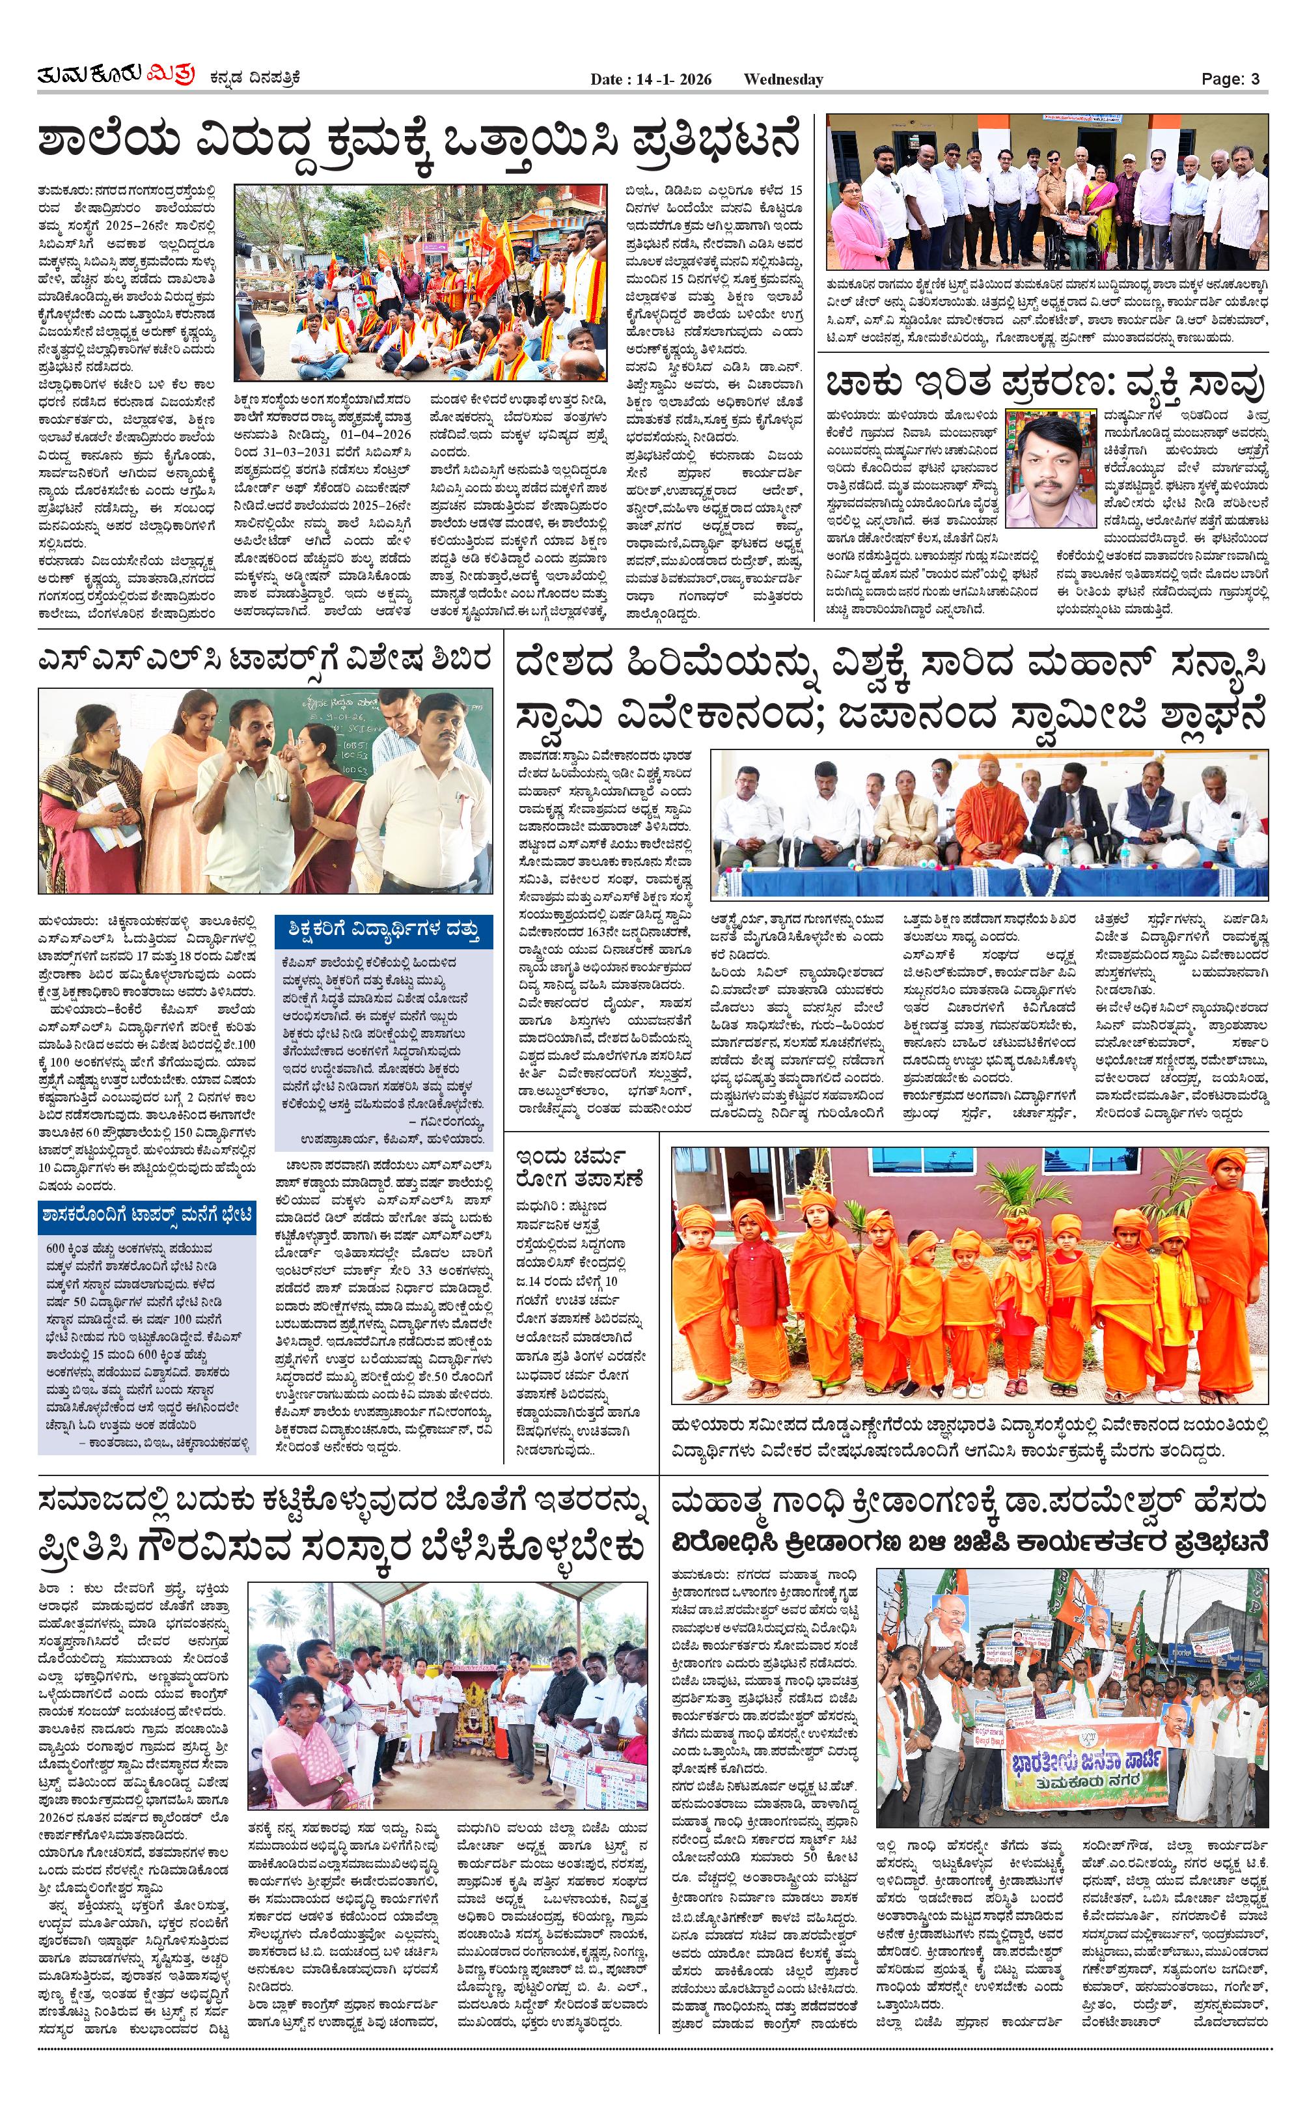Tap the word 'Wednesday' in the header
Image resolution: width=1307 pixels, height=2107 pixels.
782,79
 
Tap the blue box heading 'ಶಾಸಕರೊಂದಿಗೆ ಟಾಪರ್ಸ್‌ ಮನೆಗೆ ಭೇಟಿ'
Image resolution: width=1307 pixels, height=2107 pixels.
147,1216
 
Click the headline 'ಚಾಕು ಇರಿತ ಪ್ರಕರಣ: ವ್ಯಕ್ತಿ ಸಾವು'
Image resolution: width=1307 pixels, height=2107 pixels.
1045,383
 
